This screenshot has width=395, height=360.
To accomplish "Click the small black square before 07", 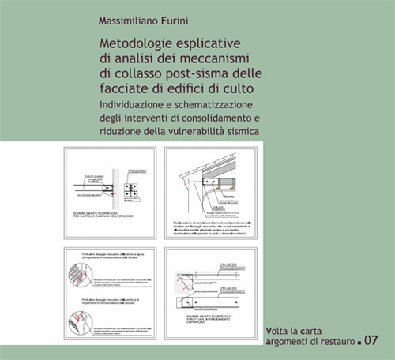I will click(x=358, y=343).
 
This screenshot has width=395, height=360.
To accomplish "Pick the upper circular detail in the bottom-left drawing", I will click(x=85, y=275).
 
